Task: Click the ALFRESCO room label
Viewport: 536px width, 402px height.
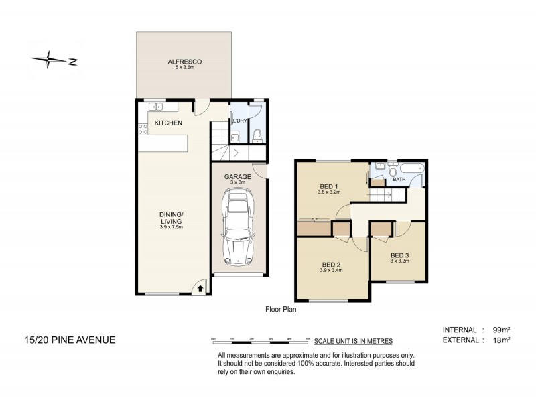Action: click(185, 62)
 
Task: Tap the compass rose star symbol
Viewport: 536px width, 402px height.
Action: click(48, 60)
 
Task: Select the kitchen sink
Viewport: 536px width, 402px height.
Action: click(156, 107)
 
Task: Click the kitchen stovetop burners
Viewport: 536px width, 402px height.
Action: click(143, 129)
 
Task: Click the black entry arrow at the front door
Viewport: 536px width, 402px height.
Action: click(200, 289)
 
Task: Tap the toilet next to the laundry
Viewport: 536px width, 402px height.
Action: click(257, 136)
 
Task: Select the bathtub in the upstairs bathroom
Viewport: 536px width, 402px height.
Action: click(412, 169)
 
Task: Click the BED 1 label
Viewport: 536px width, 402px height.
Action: click(328, 186)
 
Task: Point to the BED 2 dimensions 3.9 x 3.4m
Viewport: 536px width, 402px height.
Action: click(331, 270)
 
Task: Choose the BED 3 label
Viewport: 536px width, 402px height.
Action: click(399, 255)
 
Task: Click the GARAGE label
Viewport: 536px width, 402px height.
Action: click(238, 176)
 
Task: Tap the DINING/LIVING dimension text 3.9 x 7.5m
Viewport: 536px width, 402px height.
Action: click(172, 226)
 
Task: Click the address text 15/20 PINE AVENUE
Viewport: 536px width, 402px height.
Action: click(70, 340)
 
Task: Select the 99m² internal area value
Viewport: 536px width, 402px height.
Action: click(501, 330)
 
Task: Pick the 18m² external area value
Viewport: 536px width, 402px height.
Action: click(501, 340)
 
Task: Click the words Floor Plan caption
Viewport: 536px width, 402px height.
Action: click(281, 310)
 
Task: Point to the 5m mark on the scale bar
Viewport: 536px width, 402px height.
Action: click(308, 339)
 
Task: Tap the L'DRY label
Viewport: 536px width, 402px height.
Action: click(239, 121)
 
